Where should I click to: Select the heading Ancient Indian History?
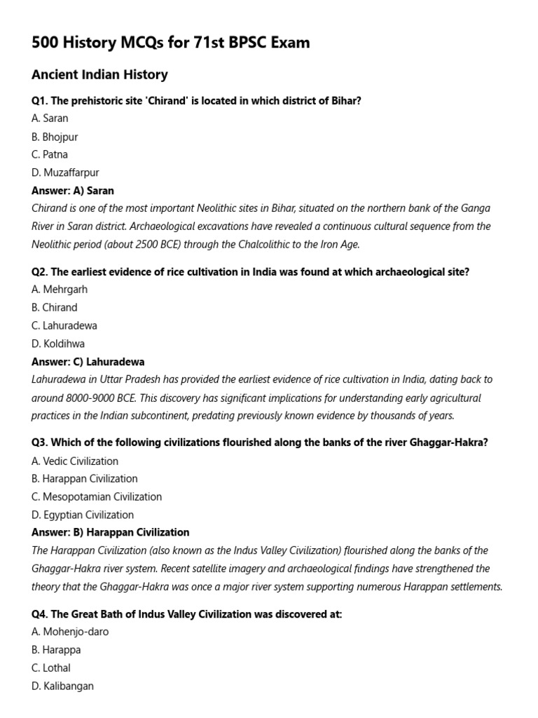coord(99,74)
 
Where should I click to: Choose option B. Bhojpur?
coord(55,137)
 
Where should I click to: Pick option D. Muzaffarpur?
coord(65,172)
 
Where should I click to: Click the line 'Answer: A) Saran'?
coord(73,191)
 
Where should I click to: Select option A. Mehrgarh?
coord(60,290)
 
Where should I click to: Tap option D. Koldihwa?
coord(58,344)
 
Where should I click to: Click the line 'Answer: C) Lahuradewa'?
coord(88,362)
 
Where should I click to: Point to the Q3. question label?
coord(40,444)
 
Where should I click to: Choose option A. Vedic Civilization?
coord(75,461)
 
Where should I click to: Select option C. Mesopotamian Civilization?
coord(97,496)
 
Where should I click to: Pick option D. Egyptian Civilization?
coord(83,515)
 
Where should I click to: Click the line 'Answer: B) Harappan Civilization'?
coord(110,532)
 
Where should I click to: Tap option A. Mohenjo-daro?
coord(70,632)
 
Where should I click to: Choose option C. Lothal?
coord(51,668)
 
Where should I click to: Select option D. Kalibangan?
coord(62,686)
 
